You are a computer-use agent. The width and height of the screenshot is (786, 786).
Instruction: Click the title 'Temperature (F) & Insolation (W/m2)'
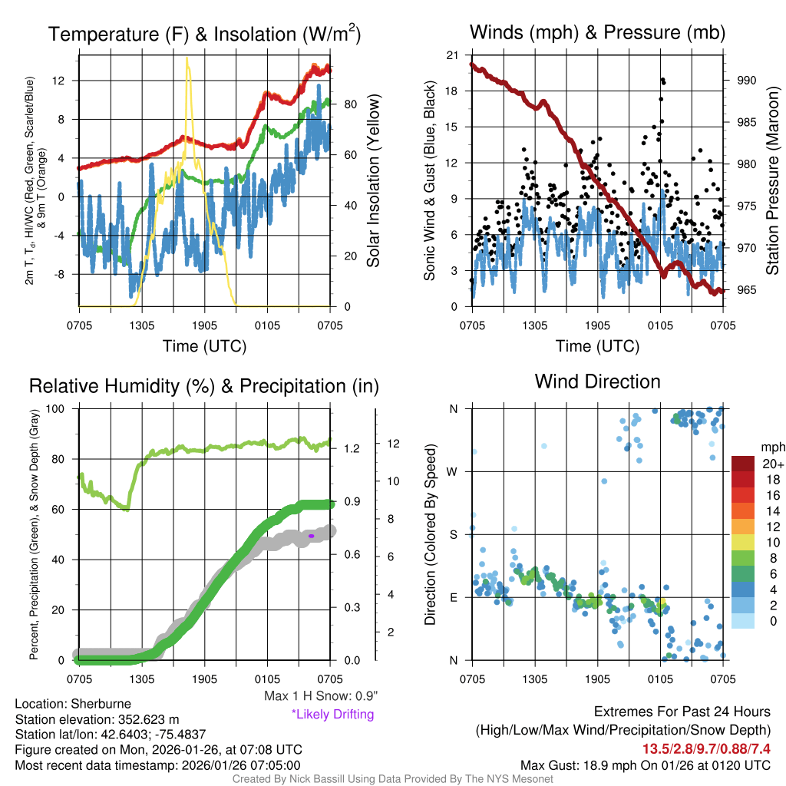204,34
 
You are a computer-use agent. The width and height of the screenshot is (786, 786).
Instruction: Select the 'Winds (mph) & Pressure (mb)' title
597,32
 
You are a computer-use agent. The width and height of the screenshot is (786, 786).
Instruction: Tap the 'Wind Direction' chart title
597,381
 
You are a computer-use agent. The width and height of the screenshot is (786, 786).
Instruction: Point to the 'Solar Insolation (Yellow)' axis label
373,180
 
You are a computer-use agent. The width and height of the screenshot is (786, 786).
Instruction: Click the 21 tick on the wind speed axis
452,55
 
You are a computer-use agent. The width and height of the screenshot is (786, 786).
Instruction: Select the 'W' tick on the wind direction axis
453,471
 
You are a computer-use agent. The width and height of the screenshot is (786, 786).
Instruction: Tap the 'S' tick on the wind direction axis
454,534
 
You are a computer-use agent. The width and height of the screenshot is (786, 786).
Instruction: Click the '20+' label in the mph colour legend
771,464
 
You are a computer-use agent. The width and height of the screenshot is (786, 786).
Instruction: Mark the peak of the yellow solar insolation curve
187,58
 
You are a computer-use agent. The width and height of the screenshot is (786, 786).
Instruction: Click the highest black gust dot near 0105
662,80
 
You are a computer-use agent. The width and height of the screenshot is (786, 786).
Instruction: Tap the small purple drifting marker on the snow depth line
312,535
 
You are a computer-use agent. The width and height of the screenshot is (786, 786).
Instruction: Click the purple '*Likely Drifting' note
332,714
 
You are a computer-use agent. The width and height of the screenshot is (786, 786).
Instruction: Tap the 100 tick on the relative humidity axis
64,408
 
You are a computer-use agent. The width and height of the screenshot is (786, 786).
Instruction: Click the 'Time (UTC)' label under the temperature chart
204,345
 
